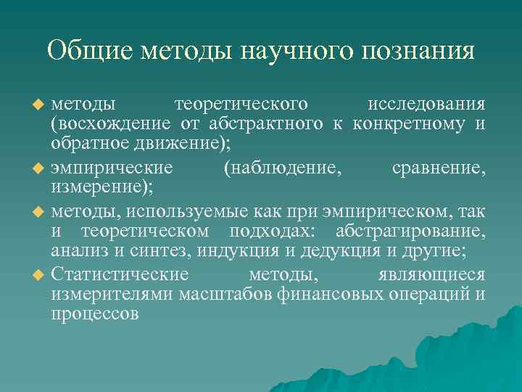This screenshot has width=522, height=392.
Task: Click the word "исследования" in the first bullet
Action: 426,105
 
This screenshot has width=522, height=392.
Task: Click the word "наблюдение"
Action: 282,168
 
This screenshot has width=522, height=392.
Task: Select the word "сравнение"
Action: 438,168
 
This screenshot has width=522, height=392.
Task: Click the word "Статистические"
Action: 120,274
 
